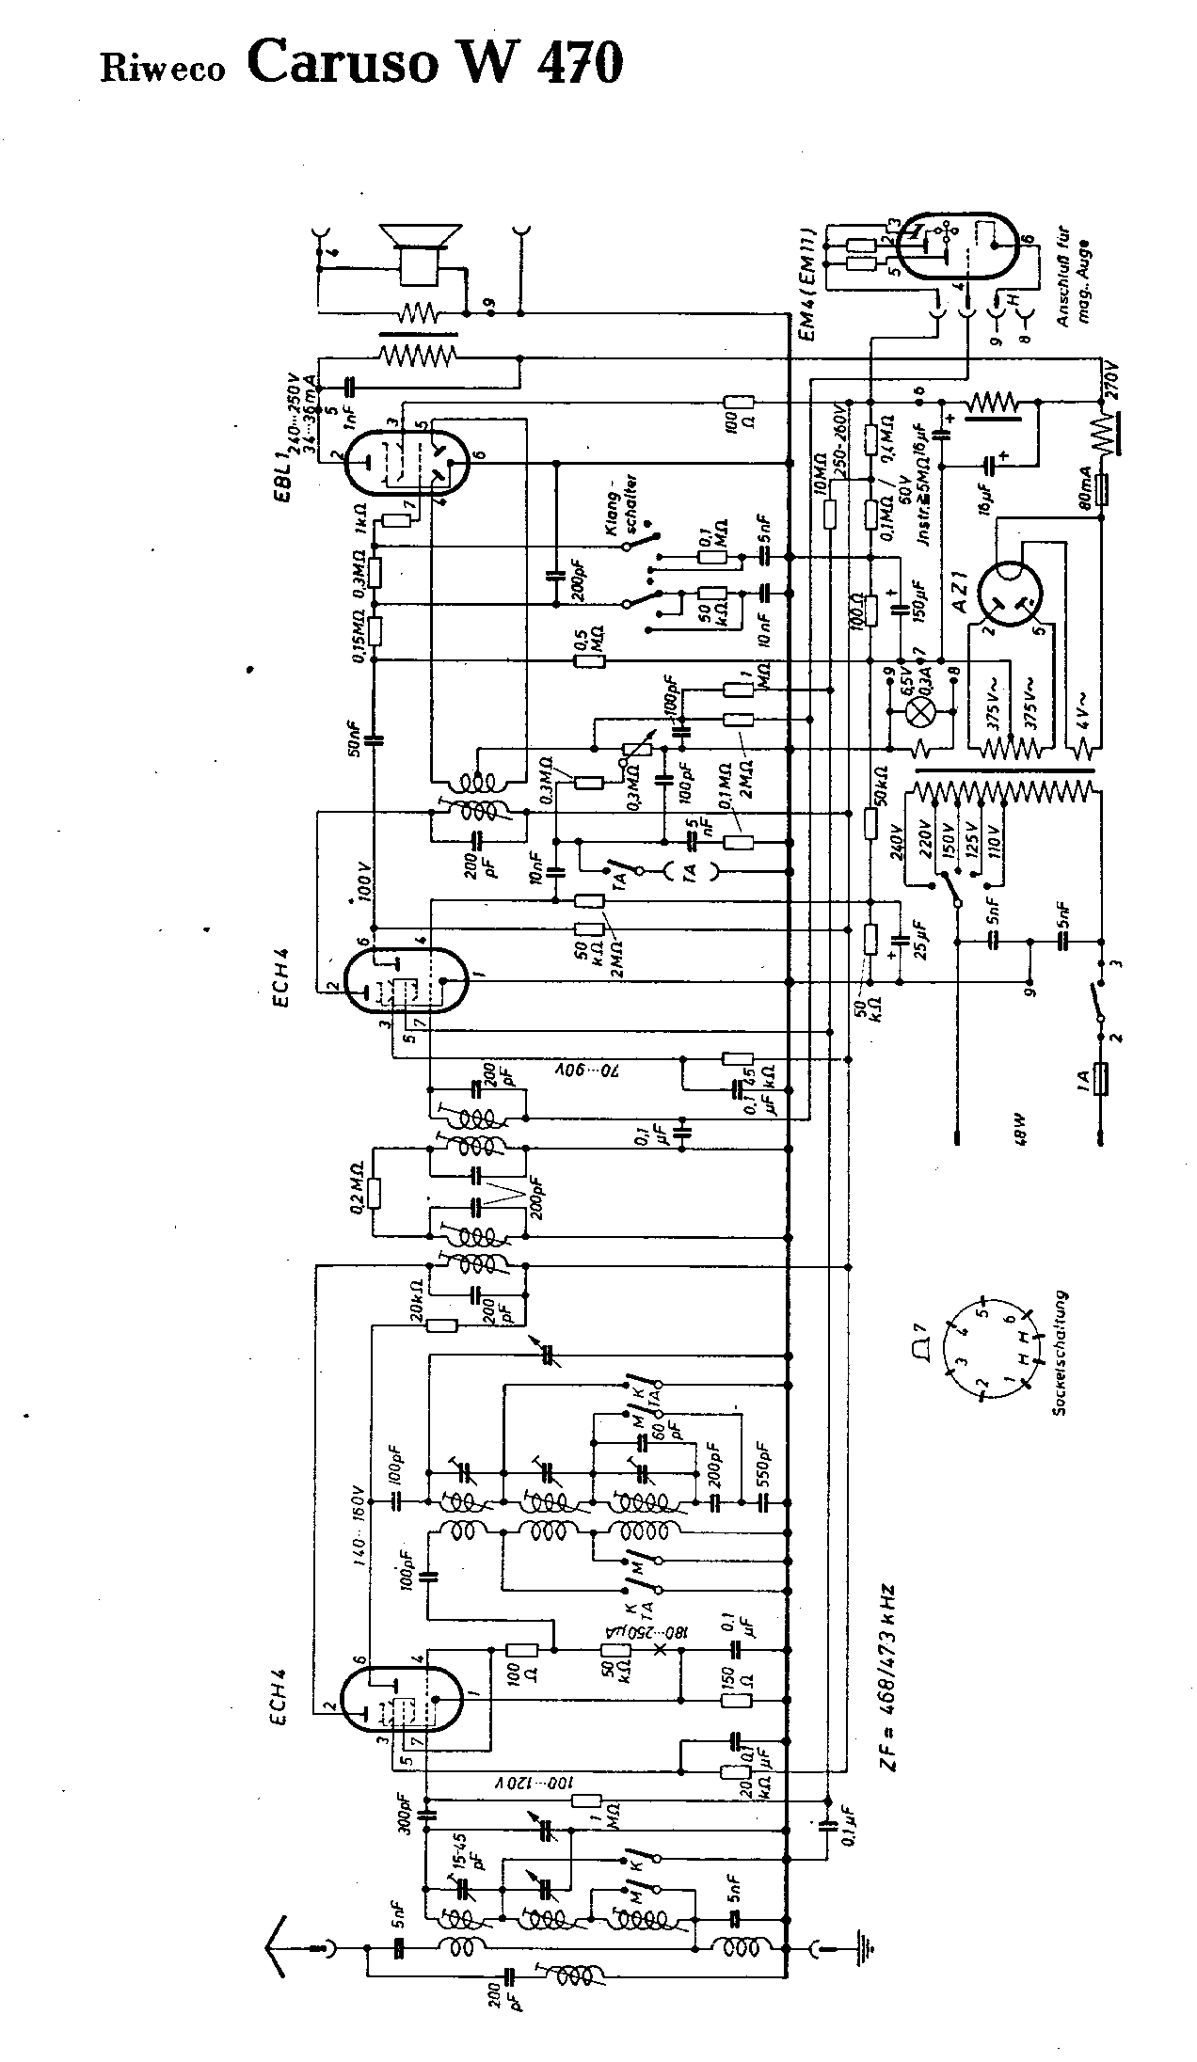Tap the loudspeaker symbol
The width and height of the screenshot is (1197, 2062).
[420, 252]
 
